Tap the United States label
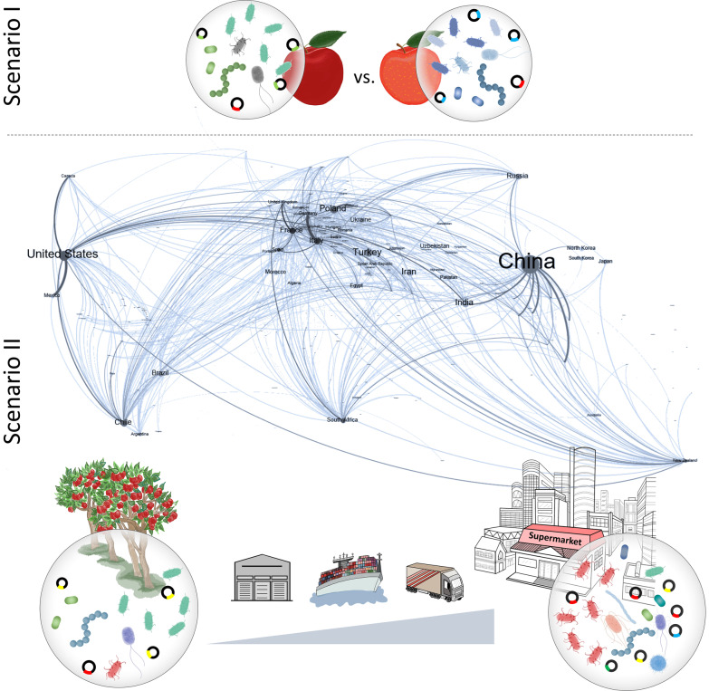tap(62, 254)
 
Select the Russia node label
tap(517, 176)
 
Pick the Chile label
tap(123, 422)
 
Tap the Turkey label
tap(368, 252)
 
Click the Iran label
tap(408, 271)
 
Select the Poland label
tap(332, 208)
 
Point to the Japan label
tap(606, 262)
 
